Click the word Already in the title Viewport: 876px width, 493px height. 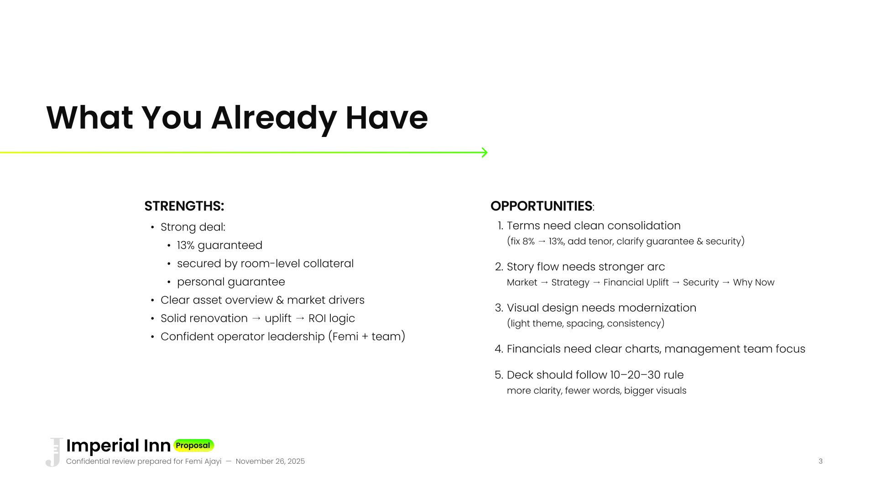click(x=274, y=118)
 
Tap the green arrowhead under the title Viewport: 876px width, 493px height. click(x=485, y=152)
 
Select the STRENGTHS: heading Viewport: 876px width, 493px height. click(x=184, y=206)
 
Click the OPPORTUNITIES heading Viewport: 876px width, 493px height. click(x=542, y=206)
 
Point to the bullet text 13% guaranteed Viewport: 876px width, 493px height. click(x=219, y=246)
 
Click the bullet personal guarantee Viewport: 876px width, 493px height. click(x=231, y=282)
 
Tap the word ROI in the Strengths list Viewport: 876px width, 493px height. click(x=318, y=318)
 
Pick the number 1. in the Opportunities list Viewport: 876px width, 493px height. click(x=500, y=226)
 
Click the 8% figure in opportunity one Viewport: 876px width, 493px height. click(x=528, y=241)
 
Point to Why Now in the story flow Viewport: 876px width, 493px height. click(x=754, y=283)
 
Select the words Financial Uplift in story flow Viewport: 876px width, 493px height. click(x=636, y=283)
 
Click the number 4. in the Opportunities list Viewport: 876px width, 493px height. click(x=499, y=349)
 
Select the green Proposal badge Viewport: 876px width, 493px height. click(x=193, y=445)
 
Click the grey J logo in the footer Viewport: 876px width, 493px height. click(x=54, y=452)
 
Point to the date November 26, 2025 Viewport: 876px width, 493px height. click(x=270, y=462)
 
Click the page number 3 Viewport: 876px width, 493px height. click(x=820, y=462)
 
